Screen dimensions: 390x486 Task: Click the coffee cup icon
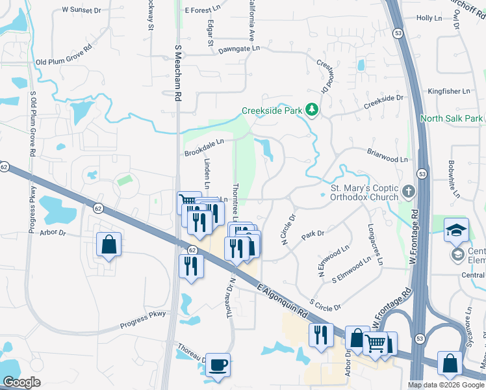218,365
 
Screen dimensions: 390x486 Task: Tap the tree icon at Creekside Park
312,109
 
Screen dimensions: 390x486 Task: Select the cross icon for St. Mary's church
408,191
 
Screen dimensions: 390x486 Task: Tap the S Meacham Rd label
177,73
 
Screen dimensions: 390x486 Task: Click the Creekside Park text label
272,110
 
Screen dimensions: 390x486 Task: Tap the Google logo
21,382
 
